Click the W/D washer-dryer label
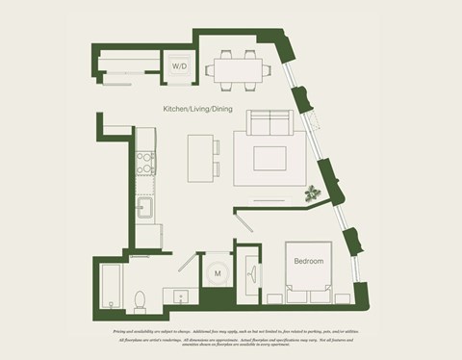(179, 66)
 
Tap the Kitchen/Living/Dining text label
(197, 110)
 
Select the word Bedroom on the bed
(308, 261)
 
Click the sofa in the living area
(269, 124)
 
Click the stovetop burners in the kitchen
(145, 163)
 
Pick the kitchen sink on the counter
(146, 206)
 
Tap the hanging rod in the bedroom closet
(249, 274)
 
